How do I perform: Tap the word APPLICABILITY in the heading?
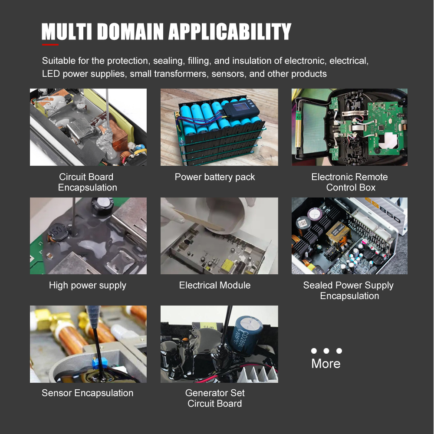230,31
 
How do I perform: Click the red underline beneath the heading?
50,44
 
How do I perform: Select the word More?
326,363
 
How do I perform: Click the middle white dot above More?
326,351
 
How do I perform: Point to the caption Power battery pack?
215,177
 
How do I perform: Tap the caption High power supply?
88,286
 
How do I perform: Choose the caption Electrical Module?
215,285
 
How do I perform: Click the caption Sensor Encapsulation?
88,393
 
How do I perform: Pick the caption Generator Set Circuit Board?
215,398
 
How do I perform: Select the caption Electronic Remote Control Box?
349,182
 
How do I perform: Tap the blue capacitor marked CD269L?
246,334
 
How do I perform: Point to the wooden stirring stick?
198,220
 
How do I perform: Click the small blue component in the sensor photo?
100,362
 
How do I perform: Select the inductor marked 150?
59,231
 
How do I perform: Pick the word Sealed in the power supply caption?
318,285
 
